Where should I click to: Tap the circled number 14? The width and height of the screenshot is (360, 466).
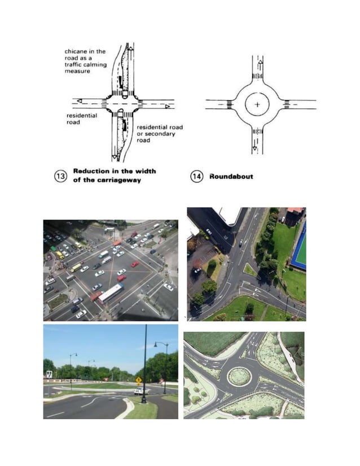pos(196,176)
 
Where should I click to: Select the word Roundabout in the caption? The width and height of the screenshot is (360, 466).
pos(231,176)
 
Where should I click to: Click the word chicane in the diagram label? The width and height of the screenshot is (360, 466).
pos(76,51)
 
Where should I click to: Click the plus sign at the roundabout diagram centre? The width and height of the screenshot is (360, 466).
pos(257,104)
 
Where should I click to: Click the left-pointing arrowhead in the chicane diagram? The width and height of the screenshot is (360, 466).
pos(79,101)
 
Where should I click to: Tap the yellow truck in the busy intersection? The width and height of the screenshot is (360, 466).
pos(76,267)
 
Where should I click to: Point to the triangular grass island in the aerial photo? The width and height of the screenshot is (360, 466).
pos(249,270)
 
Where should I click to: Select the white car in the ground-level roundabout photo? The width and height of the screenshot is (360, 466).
pos(139,390)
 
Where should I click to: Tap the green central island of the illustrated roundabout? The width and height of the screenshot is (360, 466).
pos(239,376)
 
